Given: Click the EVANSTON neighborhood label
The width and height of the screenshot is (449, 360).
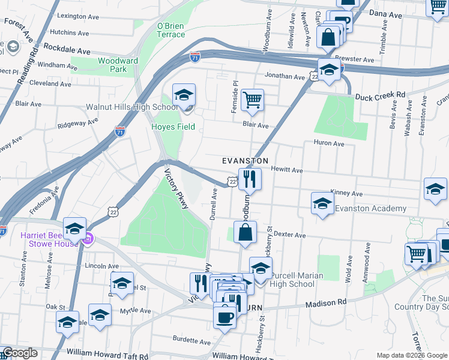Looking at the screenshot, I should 244,161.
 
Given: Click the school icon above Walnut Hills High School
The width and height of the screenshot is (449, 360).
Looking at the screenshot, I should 184,94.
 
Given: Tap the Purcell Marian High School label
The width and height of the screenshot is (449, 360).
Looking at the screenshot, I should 297,280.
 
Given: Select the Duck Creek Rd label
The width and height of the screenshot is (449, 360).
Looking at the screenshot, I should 380,95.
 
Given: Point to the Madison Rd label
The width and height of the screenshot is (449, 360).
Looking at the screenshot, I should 326,304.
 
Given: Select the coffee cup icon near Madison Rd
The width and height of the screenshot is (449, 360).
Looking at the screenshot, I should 224,316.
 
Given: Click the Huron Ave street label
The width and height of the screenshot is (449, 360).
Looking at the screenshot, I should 329,143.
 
